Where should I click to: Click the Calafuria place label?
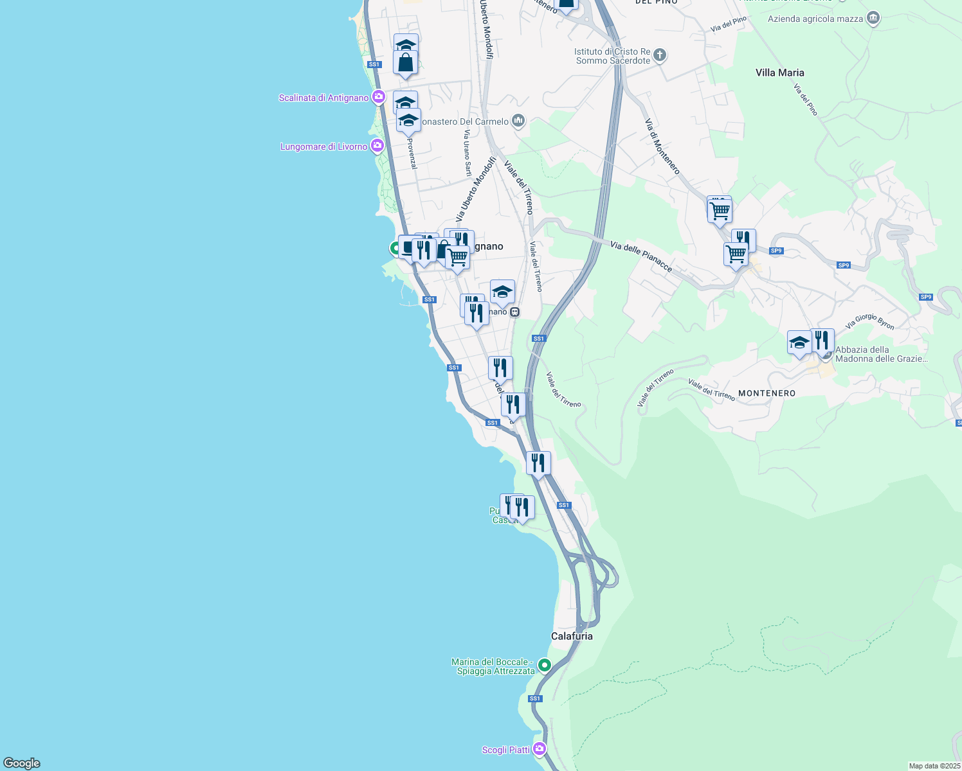pyautogui.click(x=572, y=636)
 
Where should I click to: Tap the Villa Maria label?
pyautogui.click(x=779, y=73)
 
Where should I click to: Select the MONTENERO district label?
pyautogui.click(x=767, y=393)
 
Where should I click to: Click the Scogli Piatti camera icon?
pyautogui.click(x=540, y=749)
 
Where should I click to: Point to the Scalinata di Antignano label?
pyautogui.click(x=323, y=98)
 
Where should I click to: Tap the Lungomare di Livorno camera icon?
pyautogui.click(x=377, y=146)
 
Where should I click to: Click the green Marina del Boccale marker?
pyautogui.click(x=545, y=665)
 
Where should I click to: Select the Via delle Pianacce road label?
pyautogui.click(x=641, y=256)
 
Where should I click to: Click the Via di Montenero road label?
pyautogui.click(x=662, y=146)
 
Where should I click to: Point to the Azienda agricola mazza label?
pyautogui.click(x=815, y=19)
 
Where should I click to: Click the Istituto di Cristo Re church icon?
pyautogui.click(x=660, y=55)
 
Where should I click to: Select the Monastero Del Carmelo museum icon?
pyautogui.click(x=518, y=121)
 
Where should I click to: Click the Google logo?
pyautogui.click(x=22, y=763)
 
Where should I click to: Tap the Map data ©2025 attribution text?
pyautogui.click(x=934, y=766)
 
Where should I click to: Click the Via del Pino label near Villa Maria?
pyautogui.click(x=805, y=100)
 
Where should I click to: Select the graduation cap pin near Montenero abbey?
pyautogui.click(x=799, y=342)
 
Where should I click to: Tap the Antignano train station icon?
pyautogui.click(x=514, y=312)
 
